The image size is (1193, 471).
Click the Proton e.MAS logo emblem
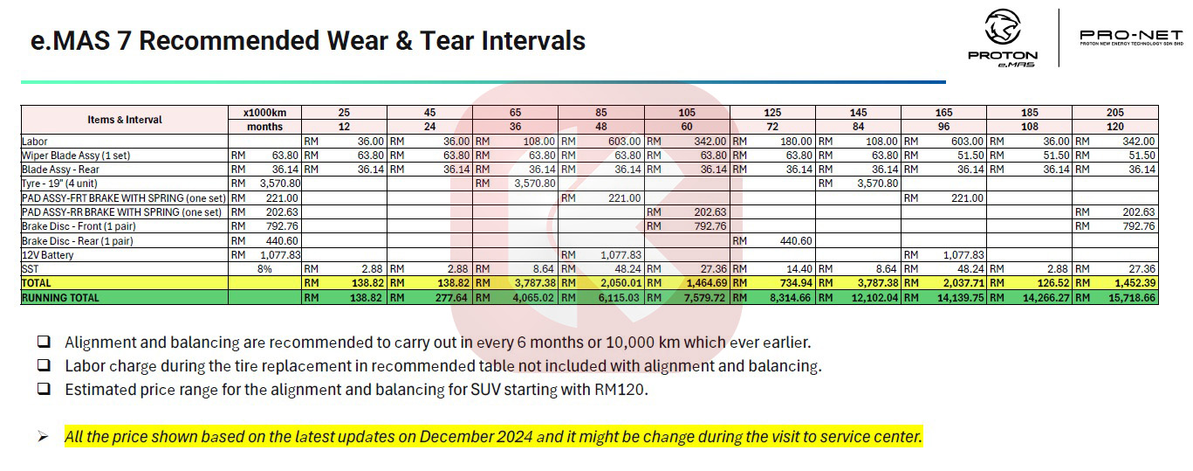tap(1002, 28)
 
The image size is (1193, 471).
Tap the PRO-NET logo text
tap(1131, 35)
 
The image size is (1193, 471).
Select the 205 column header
tap(1114, 113)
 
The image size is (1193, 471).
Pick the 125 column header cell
tap(772, 113)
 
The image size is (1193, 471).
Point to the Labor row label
tap(35, 142)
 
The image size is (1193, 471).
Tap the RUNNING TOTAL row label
tap(60, 297)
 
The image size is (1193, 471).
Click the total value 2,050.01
tap(616, 283)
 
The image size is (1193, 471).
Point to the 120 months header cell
tap(1114, 127)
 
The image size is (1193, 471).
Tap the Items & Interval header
tap(125, 120)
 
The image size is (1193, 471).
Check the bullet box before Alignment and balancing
tap(45, 343)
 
